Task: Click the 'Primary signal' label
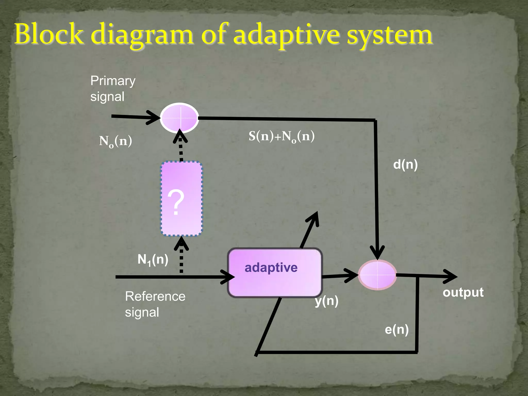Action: [113, 88]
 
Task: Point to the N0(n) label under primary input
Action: [115, 141]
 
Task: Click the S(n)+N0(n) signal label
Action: [282, 136]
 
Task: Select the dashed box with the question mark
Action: [181, 199]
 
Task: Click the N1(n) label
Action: [153, 259]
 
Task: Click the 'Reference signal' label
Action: [155, 304]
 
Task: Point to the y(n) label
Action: [326, 301]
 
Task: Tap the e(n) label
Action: [397, 329]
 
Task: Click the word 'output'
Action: [463, 292]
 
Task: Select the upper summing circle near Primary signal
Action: [179, 118]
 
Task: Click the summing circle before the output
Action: [377, 275]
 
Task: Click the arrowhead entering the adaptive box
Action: [229, 277]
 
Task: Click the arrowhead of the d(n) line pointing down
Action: [377, 254]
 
